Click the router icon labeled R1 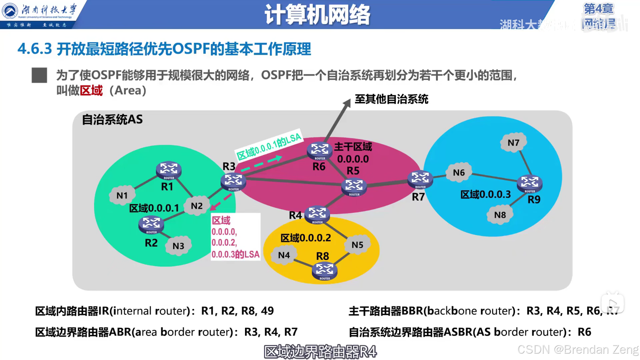169,170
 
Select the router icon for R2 151,224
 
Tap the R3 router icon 233,182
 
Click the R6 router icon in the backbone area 320,150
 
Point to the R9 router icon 529,183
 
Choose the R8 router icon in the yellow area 324,271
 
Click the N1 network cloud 122,195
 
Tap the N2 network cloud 197,206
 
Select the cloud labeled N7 513,143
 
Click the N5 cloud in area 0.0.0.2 357,245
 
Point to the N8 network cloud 500,215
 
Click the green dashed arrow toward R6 262,164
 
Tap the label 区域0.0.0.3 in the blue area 485,194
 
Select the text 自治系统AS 112,119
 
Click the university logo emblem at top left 10,11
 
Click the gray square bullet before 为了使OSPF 39,75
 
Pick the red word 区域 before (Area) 91,90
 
